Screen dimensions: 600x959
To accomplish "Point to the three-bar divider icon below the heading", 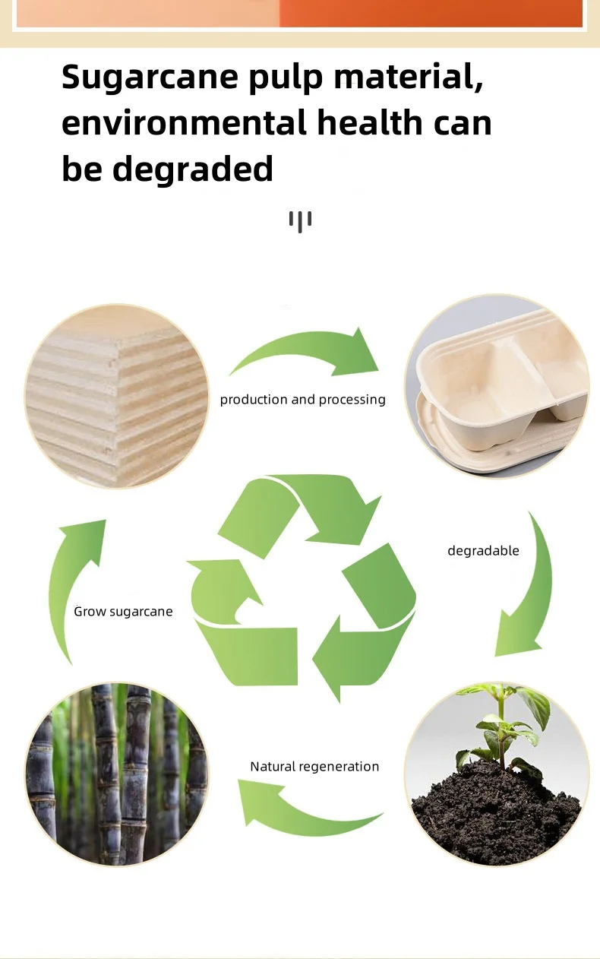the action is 300,221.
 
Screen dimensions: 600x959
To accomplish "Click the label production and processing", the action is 302,400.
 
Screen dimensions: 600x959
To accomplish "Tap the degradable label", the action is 483,551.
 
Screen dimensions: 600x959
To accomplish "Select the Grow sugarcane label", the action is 123,612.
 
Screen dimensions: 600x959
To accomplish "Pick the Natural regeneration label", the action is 314,767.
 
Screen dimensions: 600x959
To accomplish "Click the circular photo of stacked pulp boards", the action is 117,396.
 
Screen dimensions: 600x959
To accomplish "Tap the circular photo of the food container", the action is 497,387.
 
